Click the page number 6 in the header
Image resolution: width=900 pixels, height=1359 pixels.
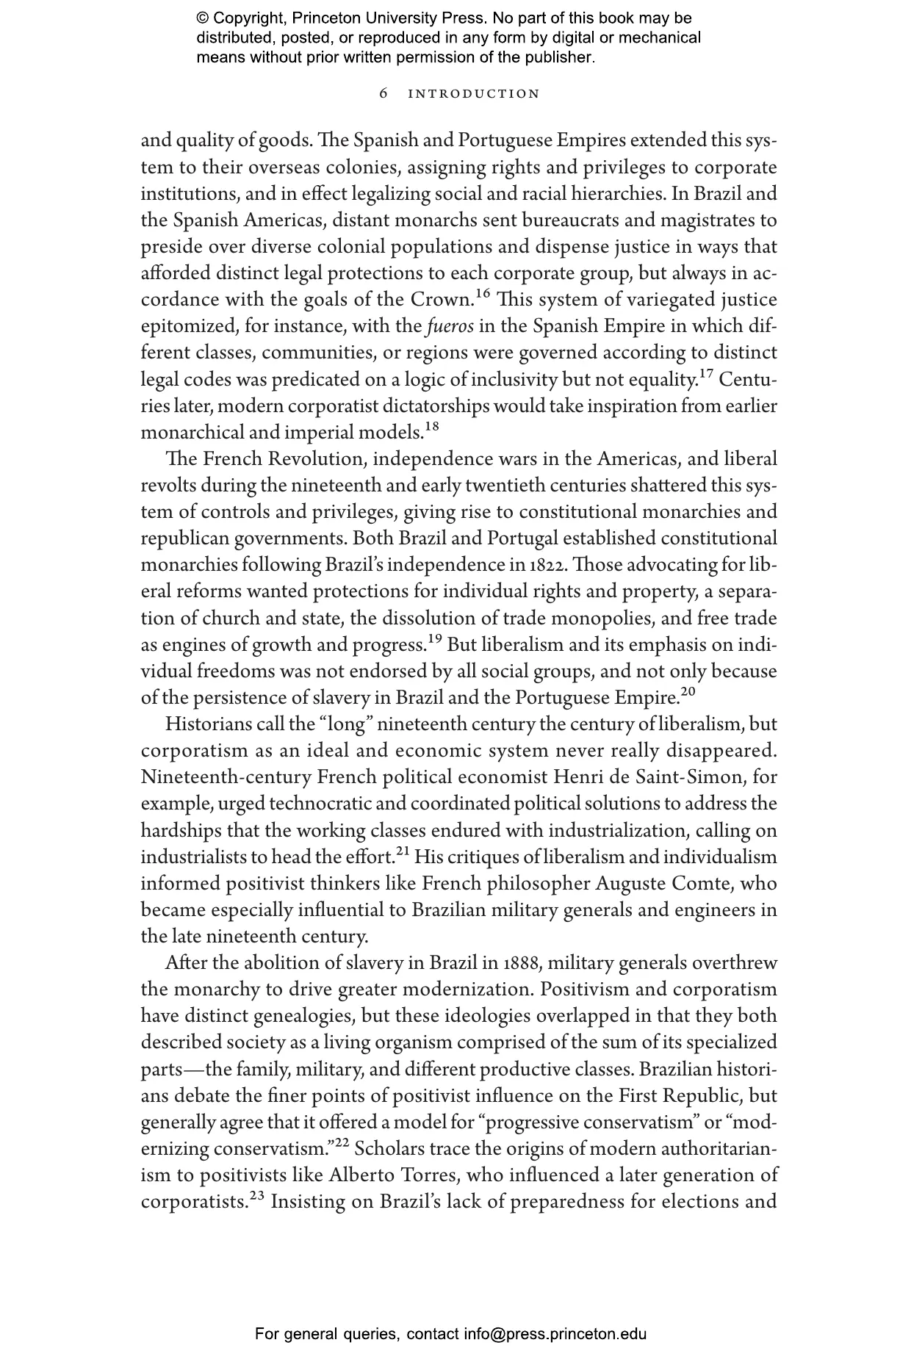(x=384, y=94)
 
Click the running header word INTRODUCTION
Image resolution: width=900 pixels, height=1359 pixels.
(x=474, y=94)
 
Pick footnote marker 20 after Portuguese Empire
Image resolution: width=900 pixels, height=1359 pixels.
(x=688, y=693)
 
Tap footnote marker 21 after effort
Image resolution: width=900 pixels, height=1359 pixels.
(x=403, y=852)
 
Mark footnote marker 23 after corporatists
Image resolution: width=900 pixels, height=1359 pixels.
(x=256, y=1197)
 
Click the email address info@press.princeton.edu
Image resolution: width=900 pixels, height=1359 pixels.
(x=555, y=1333)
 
